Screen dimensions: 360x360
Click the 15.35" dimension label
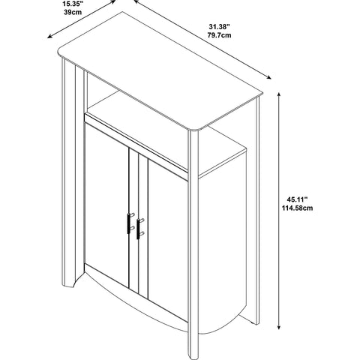pos(73,4)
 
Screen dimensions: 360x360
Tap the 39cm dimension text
pos(73,13)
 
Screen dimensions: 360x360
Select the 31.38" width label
pos(219,27)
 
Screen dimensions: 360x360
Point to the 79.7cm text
pos(219,35)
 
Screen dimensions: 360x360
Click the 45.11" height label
pos(297,199)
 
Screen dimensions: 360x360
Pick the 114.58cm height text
pos(298,208)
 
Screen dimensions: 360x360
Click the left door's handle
pos(130,223)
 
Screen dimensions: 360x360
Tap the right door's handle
pos(139,229)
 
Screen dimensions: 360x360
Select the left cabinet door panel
pos(107,204)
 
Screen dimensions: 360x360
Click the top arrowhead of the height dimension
pos(279,94)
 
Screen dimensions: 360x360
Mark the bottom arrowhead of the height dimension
pos(279,327)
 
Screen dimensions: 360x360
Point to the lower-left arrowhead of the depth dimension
pos(49,37)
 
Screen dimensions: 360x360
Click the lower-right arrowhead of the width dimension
pos(268,77)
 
